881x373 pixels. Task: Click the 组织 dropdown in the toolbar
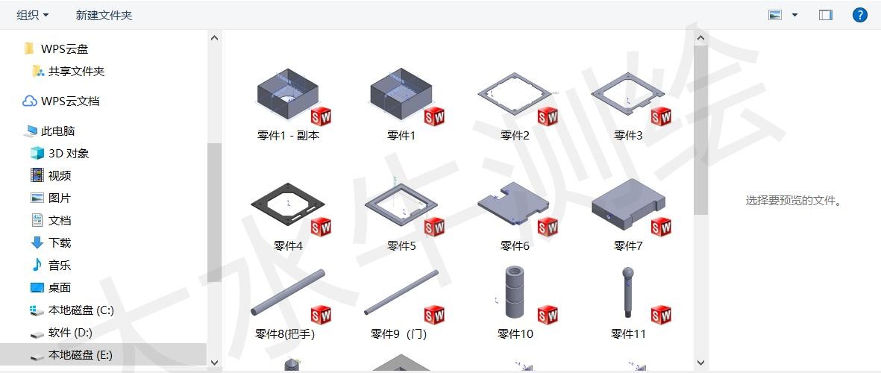(33, 15)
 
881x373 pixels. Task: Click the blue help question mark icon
(859, 15)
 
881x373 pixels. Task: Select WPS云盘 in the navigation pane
(64, 49)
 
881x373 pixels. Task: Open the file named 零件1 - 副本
(288, 135)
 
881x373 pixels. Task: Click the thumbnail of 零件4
(289, 204)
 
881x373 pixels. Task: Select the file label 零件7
(628, 245)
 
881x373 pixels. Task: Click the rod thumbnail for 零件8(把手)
(288, 292)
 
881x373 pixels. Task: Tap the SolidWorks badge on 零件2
(548, 117)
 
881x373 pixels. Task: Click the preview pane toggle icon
(825, 15)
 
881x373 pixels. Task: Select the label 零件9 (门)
(399, 334)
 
